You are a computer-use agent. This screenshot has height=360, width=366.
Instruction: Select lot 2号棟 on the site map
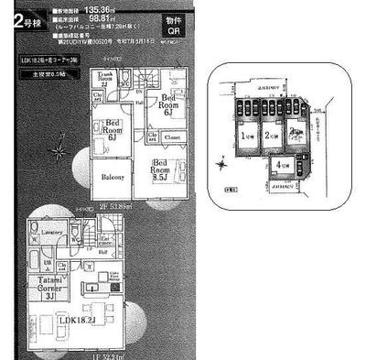pos(272,136)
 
